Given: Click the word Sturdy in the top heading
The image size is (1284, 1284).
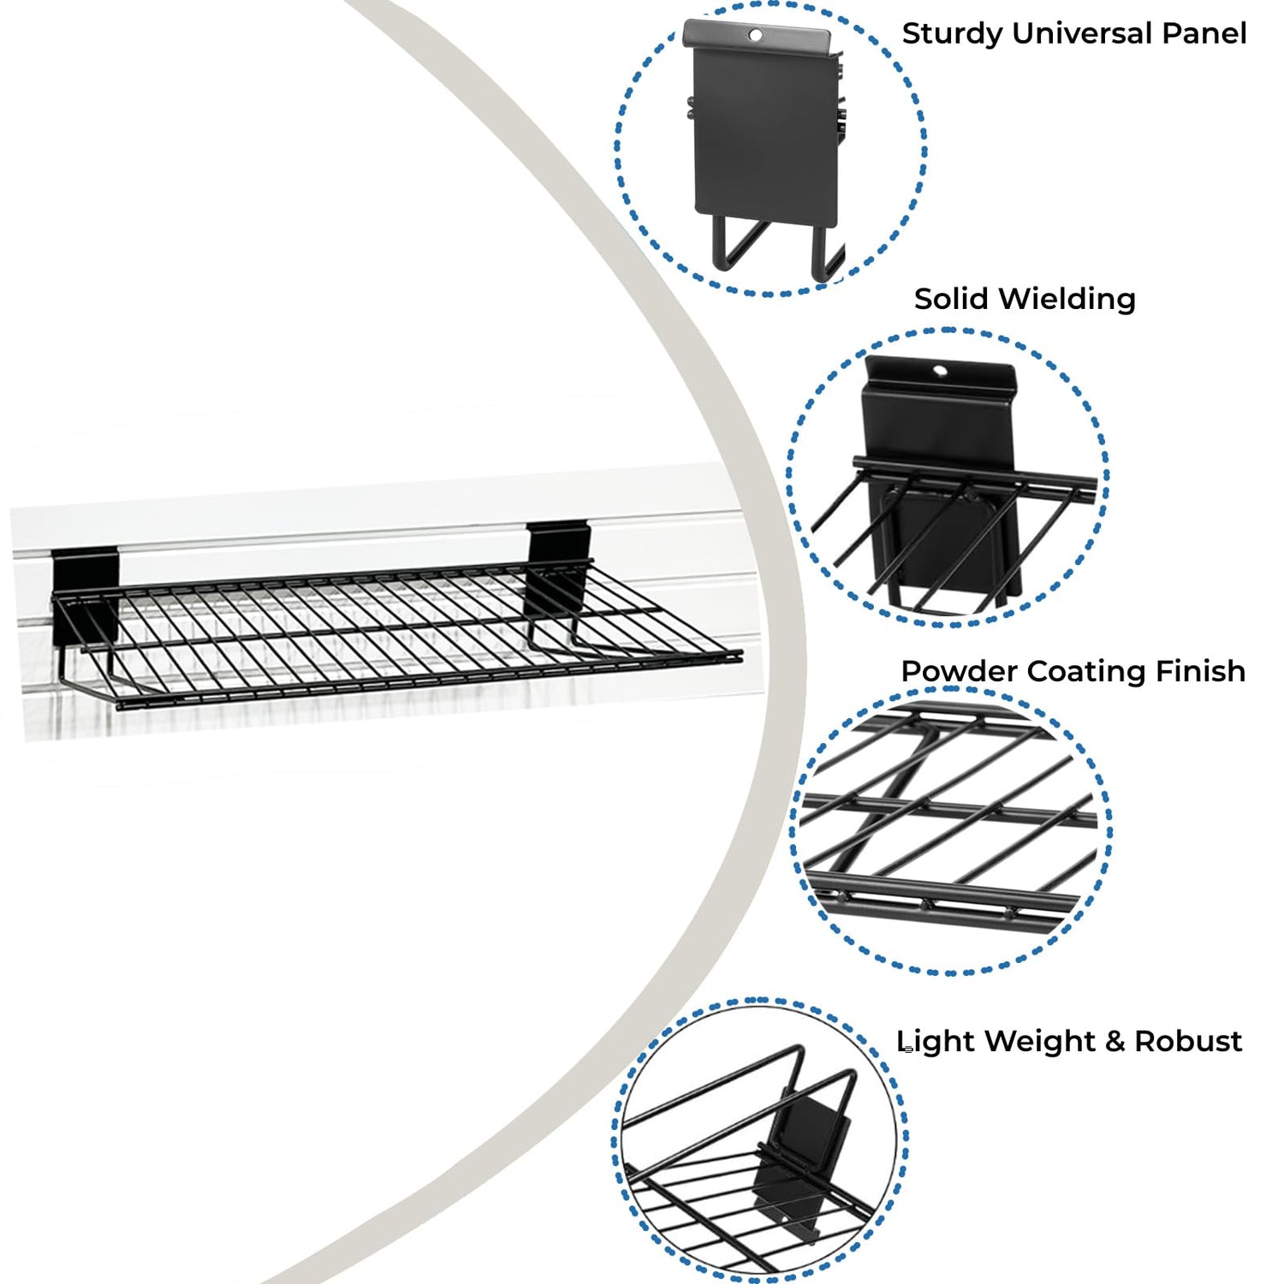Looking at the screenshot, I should [952, 34].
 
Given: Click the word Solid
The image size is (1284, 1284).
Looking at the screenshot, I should [952, 299].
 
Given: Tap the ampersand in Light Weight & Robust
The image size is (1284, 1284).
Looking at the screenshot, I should [1115, 1042].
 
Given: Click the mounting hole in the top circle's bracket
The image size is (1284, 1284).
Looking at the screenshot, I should [755, 35].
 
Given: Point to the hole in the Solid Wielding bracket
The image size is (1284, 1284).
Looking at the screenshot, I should [940, 372].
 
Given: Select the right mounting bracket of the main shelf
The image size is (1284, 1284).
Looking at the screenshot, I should [557, 565].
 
